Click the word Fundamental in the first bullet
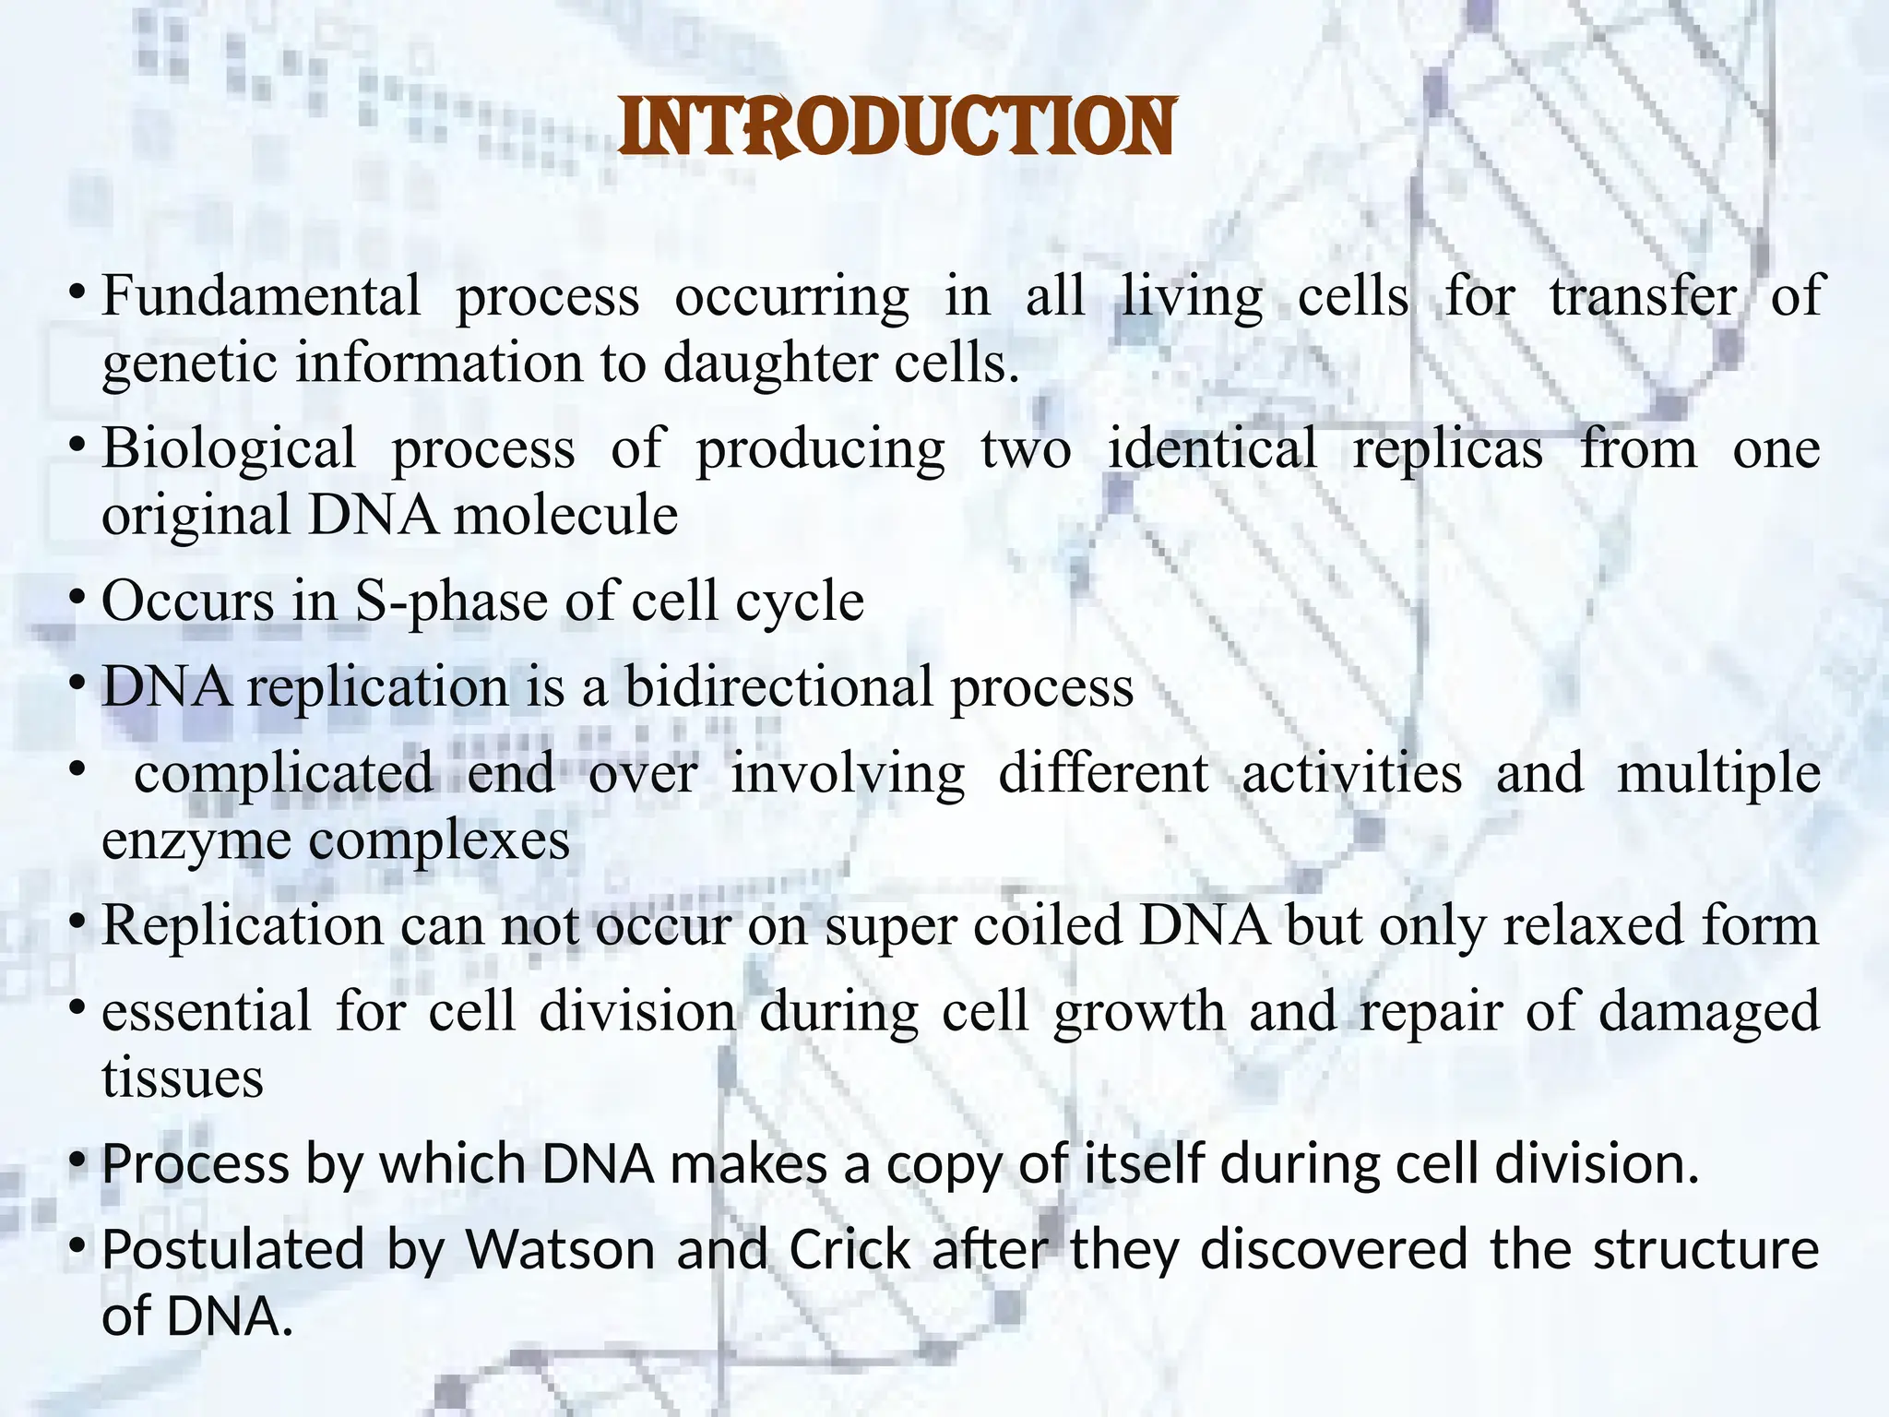260,297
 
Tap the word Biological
228,449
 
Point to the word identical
1211,449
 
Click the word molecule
565,515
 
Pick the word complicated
283,773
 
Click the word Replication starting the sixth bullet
242,925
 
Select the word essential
207,1011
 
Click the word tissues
182,1078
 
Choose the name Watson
560,1250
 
